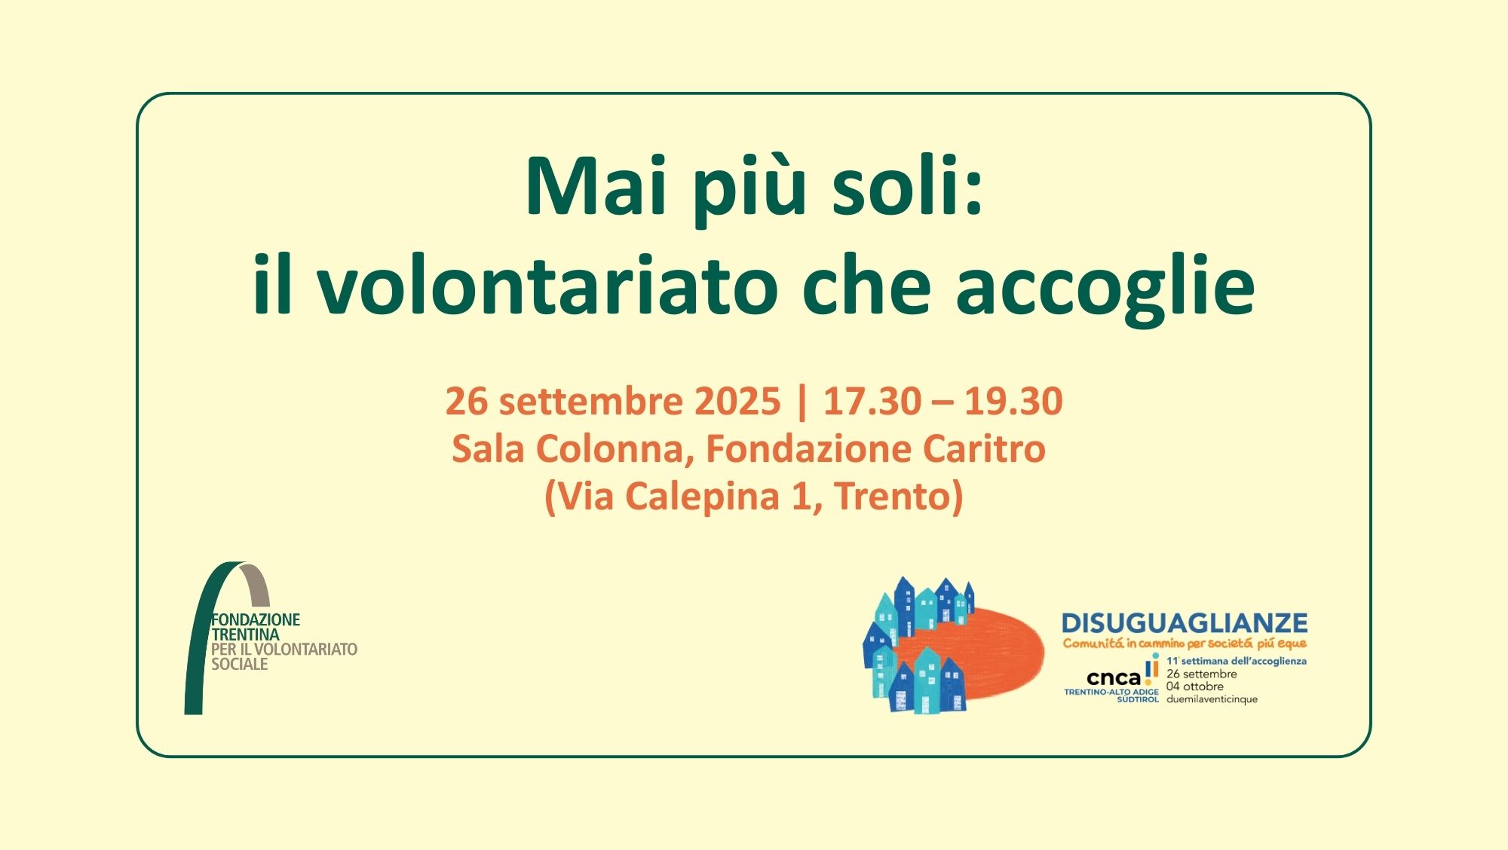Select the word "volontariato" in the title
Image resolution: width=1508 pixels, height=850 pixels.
coord(547,285)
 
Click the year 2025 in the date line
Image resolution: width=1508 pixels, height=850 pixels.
coord(737,401)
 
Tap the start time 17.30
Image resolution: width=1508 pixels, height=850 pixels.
coord(872,401)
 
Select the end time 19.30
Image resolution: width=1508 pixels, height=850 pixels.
coord(1013,401)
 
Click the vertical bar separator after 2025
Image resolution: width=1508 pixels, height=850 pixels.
coord(802,402)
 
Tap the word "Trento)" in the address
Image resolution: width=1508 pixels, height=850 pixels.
coord(899,497)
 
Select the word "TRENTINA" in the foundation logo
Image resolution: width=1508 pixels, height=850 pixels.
coord(246,634)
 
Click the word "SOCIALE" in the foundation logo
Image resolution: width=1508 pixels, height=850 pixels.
coord(240,664)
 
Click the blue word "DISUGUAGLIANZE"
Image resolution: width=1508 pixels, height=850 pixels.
coord(1185,623)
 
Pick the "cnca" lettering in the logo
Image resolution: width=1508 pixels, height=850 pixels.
coord(1114,677)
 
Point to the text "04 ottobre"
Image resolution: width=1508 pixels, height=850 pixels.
coord(1195,686)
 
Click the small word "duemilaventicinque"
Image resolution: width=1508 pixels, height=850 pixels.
coord(1212,699)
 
